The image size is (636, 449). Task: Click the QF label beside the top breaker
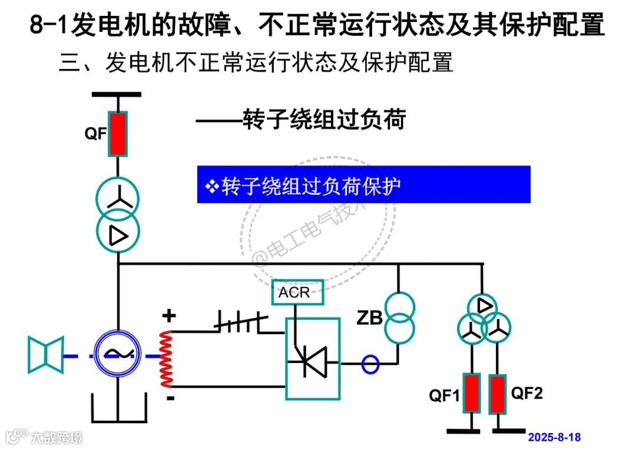coord(95,134)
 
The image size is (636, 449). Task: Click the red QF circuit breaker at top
coord(118,134)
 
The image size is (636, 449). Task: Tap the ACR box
coord(297,292)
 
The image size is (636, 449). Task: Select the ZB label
coord(369,318)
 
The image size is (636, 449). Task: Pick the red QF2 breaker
coord(498,393)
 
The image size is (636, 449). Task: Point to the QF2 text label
coord(526,393)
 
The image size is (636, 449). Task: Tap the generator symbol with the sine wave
coord(118,352)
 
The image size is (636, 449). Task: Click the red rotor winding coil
coord(166,358)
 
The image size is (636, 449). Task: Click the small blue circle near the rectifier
coord(370,364)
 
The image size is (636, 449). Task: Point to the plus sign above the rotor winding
coord(169,316)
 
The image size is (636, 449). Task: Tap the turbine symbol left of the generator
coord(46,355)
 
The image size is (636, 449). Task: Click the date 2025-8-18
coord(554,437)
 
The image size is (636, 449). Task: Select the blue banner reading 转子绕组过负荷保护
coord(363,185)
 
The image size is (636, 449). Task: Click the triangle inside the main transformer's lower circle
coord(118,235)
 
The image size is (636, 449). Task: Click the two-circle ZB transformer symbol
coord(399,318)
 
